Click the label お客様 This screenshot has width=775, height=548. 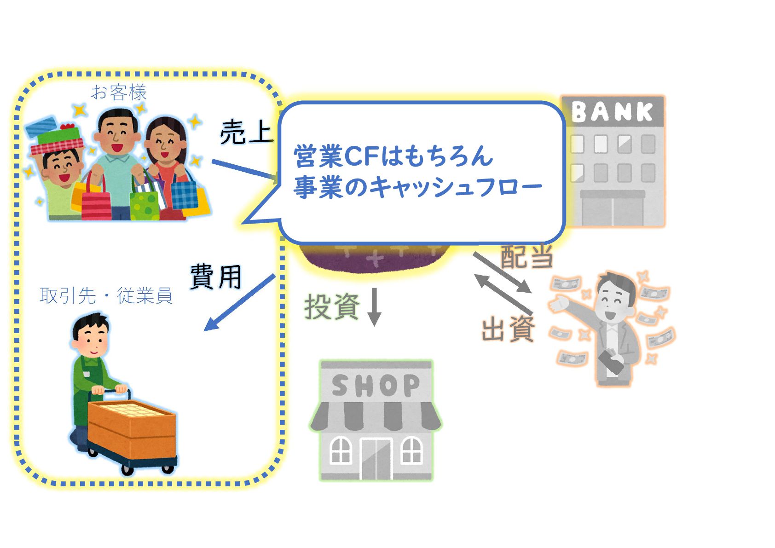pos(119,93)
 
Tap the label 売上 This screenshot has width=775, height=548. pos(247,133)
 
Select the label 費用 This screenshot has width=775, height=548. pos(216,277)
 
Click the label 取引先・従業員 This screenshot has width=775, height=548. pos(106,295)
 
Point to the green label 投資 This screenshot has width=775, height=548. pos(332,306)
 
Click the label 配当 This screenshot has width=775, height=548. pos(526,256)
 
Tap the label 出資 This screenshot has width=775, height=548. pos(508,329)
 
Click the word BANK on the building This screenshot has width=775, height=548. pos(612,112)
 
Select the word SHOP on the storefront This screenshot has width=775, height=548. pos(376,386)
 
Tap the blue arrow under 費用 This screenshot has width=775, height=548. pos(239,303)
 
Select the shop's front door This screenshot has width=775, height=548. pos(376,459)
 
